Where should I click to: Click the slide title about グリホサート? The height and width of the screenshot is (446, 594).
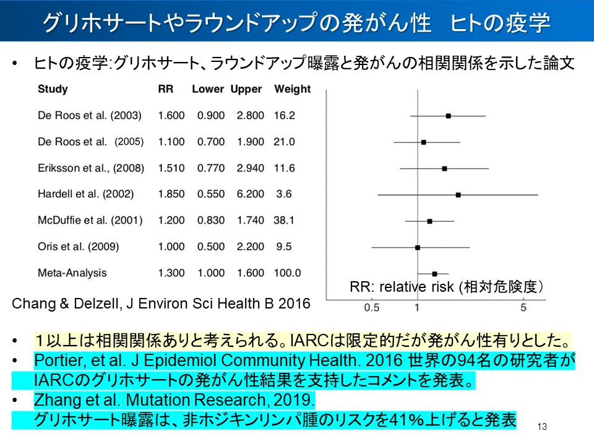coord(296,23)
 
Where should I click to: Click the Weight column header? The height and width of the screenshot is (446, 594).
coord(292,89)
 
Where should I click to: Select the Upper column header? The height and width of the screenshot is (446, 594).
coord(246,89)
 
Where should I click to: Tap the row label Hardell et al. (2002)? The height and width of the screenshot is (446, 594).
coord(85,194)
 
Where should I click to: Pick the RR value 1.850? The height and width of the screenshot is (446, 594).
coord(171,194)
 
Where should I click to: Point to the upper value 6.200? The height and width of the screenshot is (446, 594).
coord(250,194)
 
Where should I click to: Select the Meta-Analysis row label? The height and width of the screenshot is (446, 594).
coord(72,273)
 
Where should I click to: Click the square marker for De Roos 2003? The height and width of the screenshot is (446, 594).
coord(448,116)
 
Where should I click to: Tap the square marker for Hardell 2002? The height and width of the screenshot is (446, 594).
coord(458,195)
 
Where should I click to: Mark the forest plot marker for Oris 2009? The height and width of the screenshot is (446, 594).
coord(418,247)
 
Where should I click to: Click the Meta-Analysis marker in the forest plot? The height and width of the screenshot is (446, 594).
coord(434,273)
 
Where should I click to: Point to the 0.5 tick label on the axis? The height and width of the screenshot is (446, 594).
coord(371,307)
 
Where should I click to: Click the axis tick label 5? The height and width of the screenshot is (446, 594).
coord(523,307)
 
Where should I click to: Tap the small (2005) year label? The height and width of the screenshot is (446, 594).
coord(129,142)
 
